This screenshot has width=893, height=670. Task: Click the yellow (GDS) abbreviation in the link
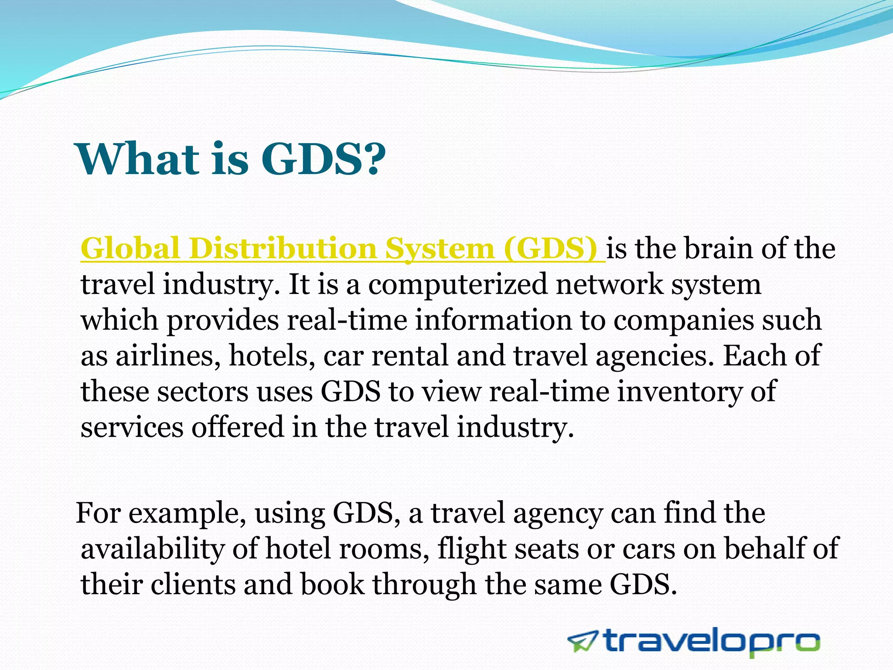pos(550,249)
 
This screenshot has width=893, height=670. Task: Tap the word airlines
pos(167,356)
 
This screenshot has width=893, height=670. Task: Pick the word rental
pos(410,356)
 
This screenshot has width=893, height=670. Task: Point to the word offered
pos(238,427)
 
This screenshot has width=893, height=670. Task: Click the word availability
pos(152,549)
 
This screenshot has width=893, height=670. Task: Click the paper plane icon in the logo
pos(583,642)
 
